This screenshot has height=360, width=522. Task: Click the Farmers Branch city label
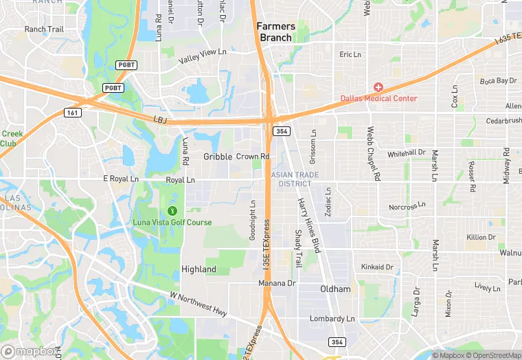point(275,32)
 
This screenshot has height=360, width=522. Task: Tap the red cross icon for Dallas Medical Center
point(378,87)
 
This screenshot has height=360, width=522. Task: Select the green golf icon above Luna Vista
point(172,210)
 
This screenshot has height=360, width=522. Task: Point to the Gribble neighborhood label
point(218,157)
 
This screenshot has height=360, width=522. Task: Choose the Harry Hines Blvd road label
point(308,225)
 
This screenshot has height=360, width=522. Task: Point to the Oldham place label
point(335,289)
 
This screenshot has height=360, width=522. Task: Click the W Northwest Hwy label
point(198,303)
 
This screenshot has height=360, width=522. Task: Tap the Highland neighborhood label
point(198,269)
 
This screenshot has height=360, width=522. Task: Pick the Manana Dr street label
point(277,283)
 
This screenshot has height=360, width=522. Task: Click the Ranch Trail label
point(44,30)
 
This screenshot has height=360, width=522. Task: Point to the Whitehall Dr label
point(407,153)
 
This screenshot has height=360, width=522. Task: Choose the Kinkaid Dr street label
point(377,267)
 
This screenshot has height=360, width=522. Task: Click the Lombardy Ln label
point(332,319)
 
